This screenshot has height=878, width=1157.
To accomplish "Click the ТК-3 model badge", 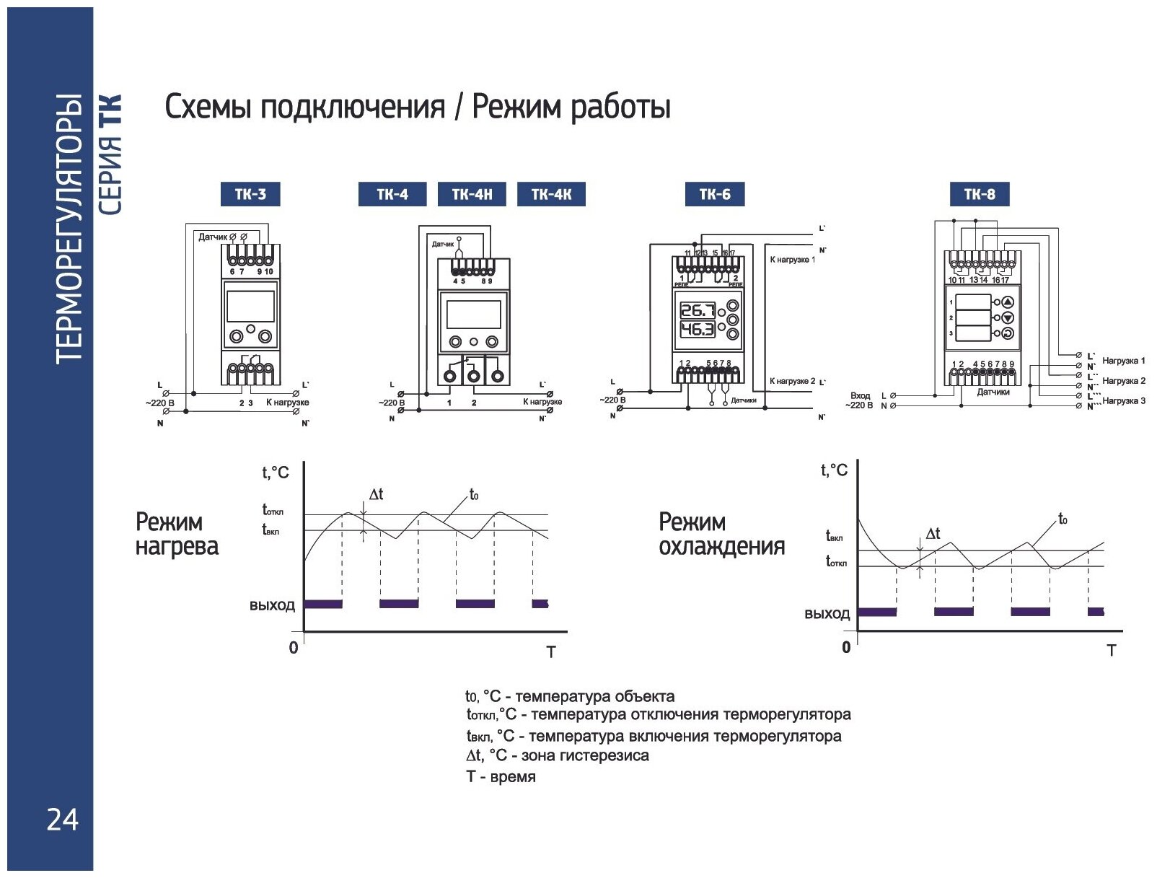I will tap(250, 194).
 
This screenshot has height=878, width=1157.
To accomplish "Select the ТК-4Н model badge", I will tap(472, 194).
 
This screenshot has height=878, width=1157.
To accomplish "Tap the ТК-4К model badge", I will tap(551, 194).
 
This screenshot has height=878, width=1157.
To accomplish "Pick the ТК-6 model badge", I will tap(714, 194).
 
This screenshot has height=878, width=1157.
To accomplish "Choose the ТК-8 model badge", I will tap(979, 194).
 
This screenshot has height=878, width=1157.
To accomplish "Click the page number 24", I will tap(62, 820).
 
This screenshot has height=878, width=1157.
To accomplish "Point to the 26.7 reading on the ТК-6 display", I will tap(698, 311).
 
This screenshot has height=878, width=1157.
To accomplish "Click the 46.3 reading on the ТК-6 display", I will tap(698, 330).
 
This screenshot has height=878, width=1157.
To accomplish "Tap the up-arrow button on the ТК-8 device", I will tap(1008, 302).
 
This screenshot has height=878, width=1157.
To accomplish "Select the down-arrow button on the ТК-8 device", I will tap(1008, 318).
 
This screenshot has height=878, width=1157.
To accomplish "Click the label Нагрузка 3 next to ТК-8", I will tap(1123, 401).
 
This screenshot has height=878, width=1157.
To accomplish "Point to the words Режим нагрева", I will tap(176, 534).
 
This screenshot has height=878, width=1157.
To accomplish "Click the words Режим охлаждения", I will tap(721, 534).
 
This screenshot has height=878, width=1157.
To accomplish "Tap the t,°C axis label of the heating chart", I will tap(275, 473).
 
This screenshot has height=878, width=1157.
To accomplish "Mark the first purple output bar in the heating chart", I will tap(323, 604).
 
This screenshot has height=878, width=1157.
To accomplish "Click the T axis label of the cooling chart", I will tap(1111, 651).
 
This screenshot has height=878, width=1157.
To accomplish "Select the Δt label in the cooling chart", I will tap(933, 534).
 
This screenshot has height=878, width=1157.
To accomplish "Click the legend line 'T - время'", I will tap(501, 777).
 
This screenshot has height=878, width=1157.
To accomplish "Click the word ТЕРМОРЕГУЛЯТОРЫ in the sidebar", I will tap(69, 227).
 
